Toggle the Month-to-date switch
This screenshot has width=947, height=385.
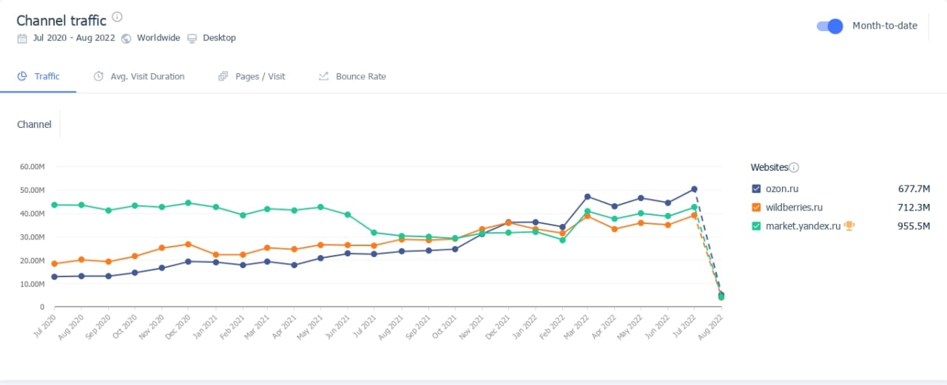point(829,26)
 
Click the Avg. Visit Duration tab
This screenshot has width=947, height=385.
point(147,76)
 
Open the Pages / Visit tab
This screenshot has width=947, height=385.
point(260,76)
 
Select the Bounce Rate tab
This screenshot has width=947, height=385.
point(360,76)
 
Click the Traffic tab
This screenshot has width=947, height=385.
point(47,76)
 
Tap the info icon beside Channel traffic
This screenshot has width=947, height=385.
point(118,17)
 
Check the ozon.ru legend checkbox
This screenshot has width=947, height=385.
point(756,188)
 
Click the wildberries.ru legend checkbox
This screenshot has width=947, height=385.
point(756,208)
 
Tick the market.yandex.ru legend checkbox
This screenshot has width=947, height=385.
point(756,226)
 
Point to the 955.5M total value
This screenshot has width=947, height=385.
point(913,226)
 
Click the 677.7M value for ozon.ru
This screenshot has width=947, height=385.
point(914,188)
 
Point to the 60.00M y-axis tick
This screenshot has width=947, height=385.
point(33,166)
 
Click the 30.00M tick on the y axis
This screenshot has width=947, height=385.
point(33,237)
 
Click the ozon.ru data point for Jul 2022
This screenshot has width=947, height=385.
point(694,189)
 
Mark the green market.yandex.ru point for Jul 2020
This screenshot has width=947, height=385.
point(55,205)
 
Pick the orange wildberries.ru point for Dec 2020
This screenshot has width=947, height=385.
point(189,244)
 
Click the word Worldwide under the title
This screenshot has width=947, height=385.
point(158,38)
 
